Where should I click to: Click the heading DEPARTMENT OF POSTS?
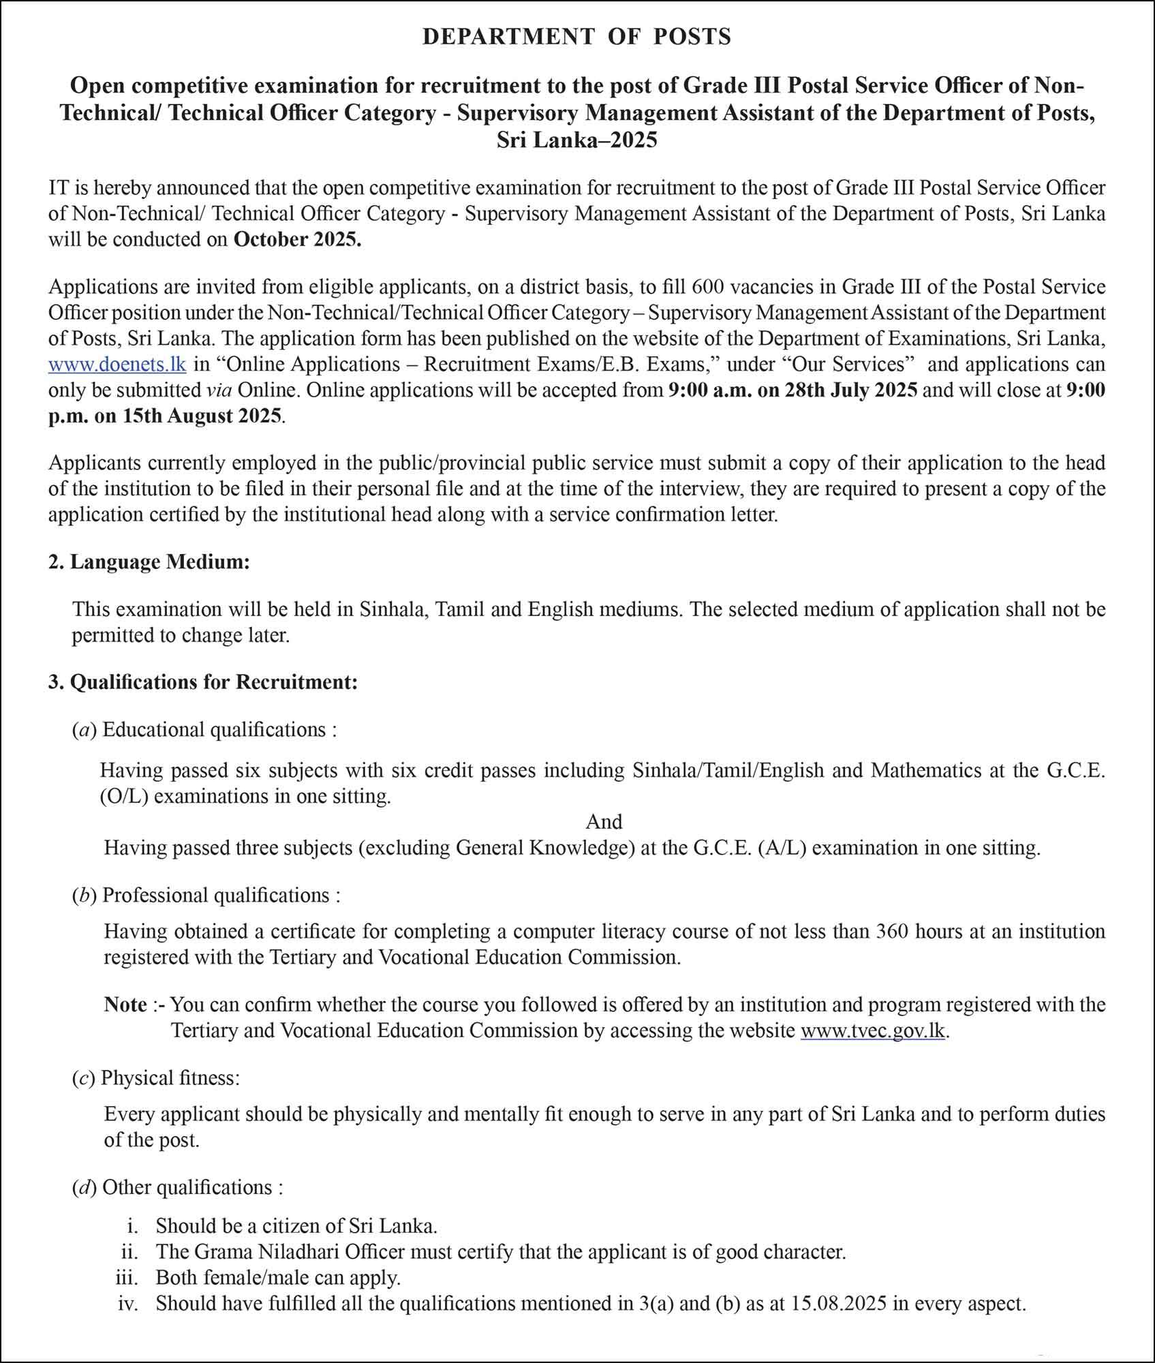click(x=576, y=36)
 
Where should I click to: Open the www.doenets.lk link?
click(x=117, y=364)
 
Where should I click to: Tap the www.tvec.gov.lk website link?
click(x=873, y=1030)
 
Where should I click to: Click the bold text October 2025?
click(x=297, y=240)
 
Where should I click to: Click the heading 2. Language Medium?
click(x=149, y=562)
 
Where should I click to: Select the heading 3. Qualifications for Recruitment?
click(x=202, y=681)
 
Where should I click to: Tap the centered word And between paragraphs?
click(x=604, y=821)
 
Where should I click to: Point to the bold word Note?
click(x=125, y=1005)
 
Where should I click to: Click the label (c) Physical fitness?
click(x=156, y=1078)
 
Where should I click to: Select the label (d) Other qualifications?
click(x=177, y=1187)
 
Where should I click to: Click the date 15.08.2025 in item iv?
click(x=839, y=1304)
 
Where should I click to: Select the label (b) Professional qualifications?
click(x=206, y=895)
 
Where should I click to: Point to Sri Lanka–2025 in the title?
click(x=576, y=140)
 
